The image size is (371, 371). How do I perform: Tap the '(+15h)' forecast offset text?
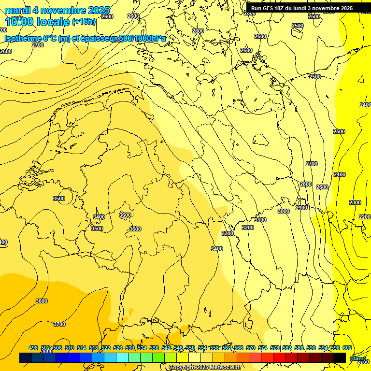tap(84, 21)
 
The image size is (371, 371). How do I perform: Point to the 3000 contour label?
tap(284, 211)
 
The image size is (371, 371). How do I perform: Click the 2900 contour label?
tap(301, 208)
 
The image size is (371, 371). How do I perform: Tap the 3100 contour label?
tap(260, 220)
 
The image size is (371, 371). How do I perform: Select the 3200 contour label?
tap(247, 228)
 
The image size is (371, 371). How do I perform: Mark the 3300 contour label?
tap(227, 233)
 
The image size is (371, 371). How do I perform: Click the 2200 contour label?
tap(365, 217)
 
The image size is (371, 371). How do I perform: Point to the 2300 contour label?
tap(355, 202)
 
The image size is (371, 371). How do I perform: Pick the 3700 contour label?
tap(59, 324)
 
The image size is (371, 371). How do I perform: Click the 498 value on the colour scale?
tap(33, 348)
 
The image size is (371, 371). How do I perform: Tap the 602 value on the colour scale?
tap(347, 348)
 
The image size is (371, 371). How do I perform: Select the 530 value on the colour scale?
tap(130, 348)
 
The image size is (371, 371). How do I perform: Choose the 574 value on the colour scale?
tap(263, 348)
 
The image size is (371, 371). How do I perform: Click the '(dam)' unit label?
tap(357, 358)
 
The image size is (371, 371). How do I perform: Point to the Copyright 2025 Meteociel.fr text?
tap(205, 368)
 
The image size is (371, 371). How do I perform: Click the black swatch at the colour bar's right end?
tap(340, 358)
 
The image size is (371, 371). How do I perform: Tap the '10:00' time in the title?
tap(21, 22)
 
